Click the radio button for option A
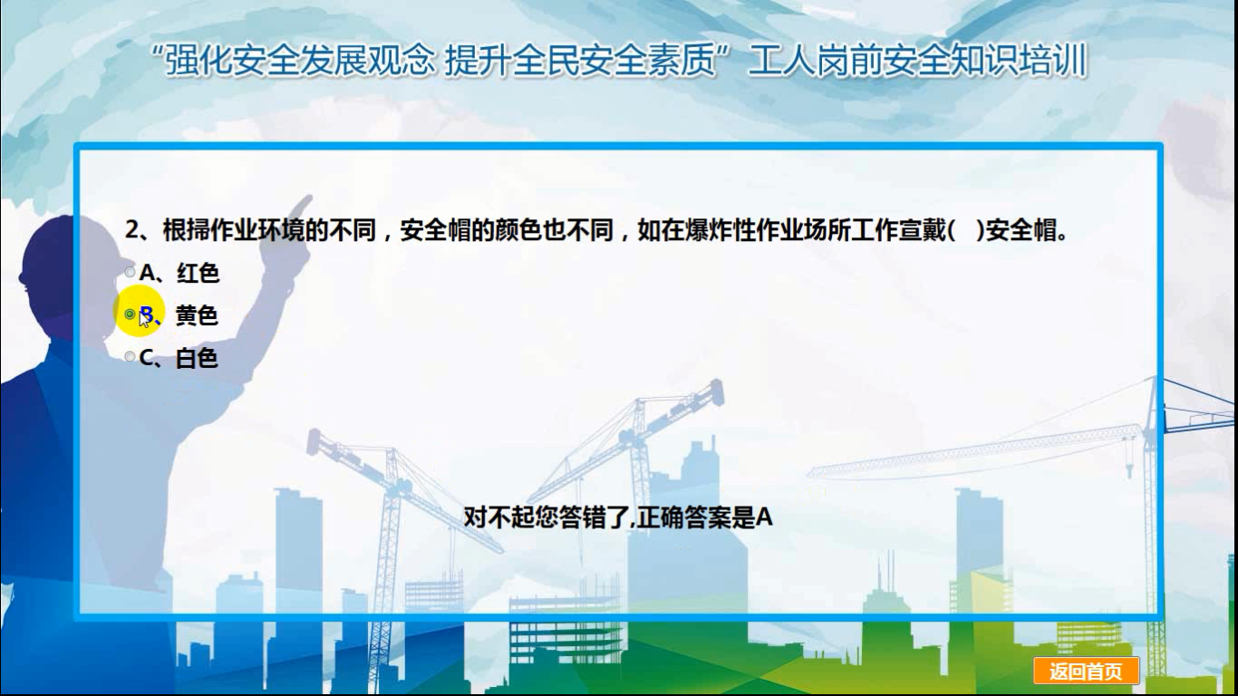(130, 272)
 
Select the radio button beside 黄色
(130, 314)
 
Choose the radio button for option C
(130, 356)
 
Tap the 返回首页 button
(1086, 672)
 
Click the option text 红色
(198, 273)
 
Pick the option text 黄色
(197, 315)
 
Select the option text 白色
(197, 358)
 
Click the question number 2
(131, 229)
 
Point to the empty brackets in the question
(966, 230)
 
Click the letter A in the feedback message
(764, 517)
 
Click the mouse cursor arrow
(144, 318)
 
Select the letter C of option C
(147, 358)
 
